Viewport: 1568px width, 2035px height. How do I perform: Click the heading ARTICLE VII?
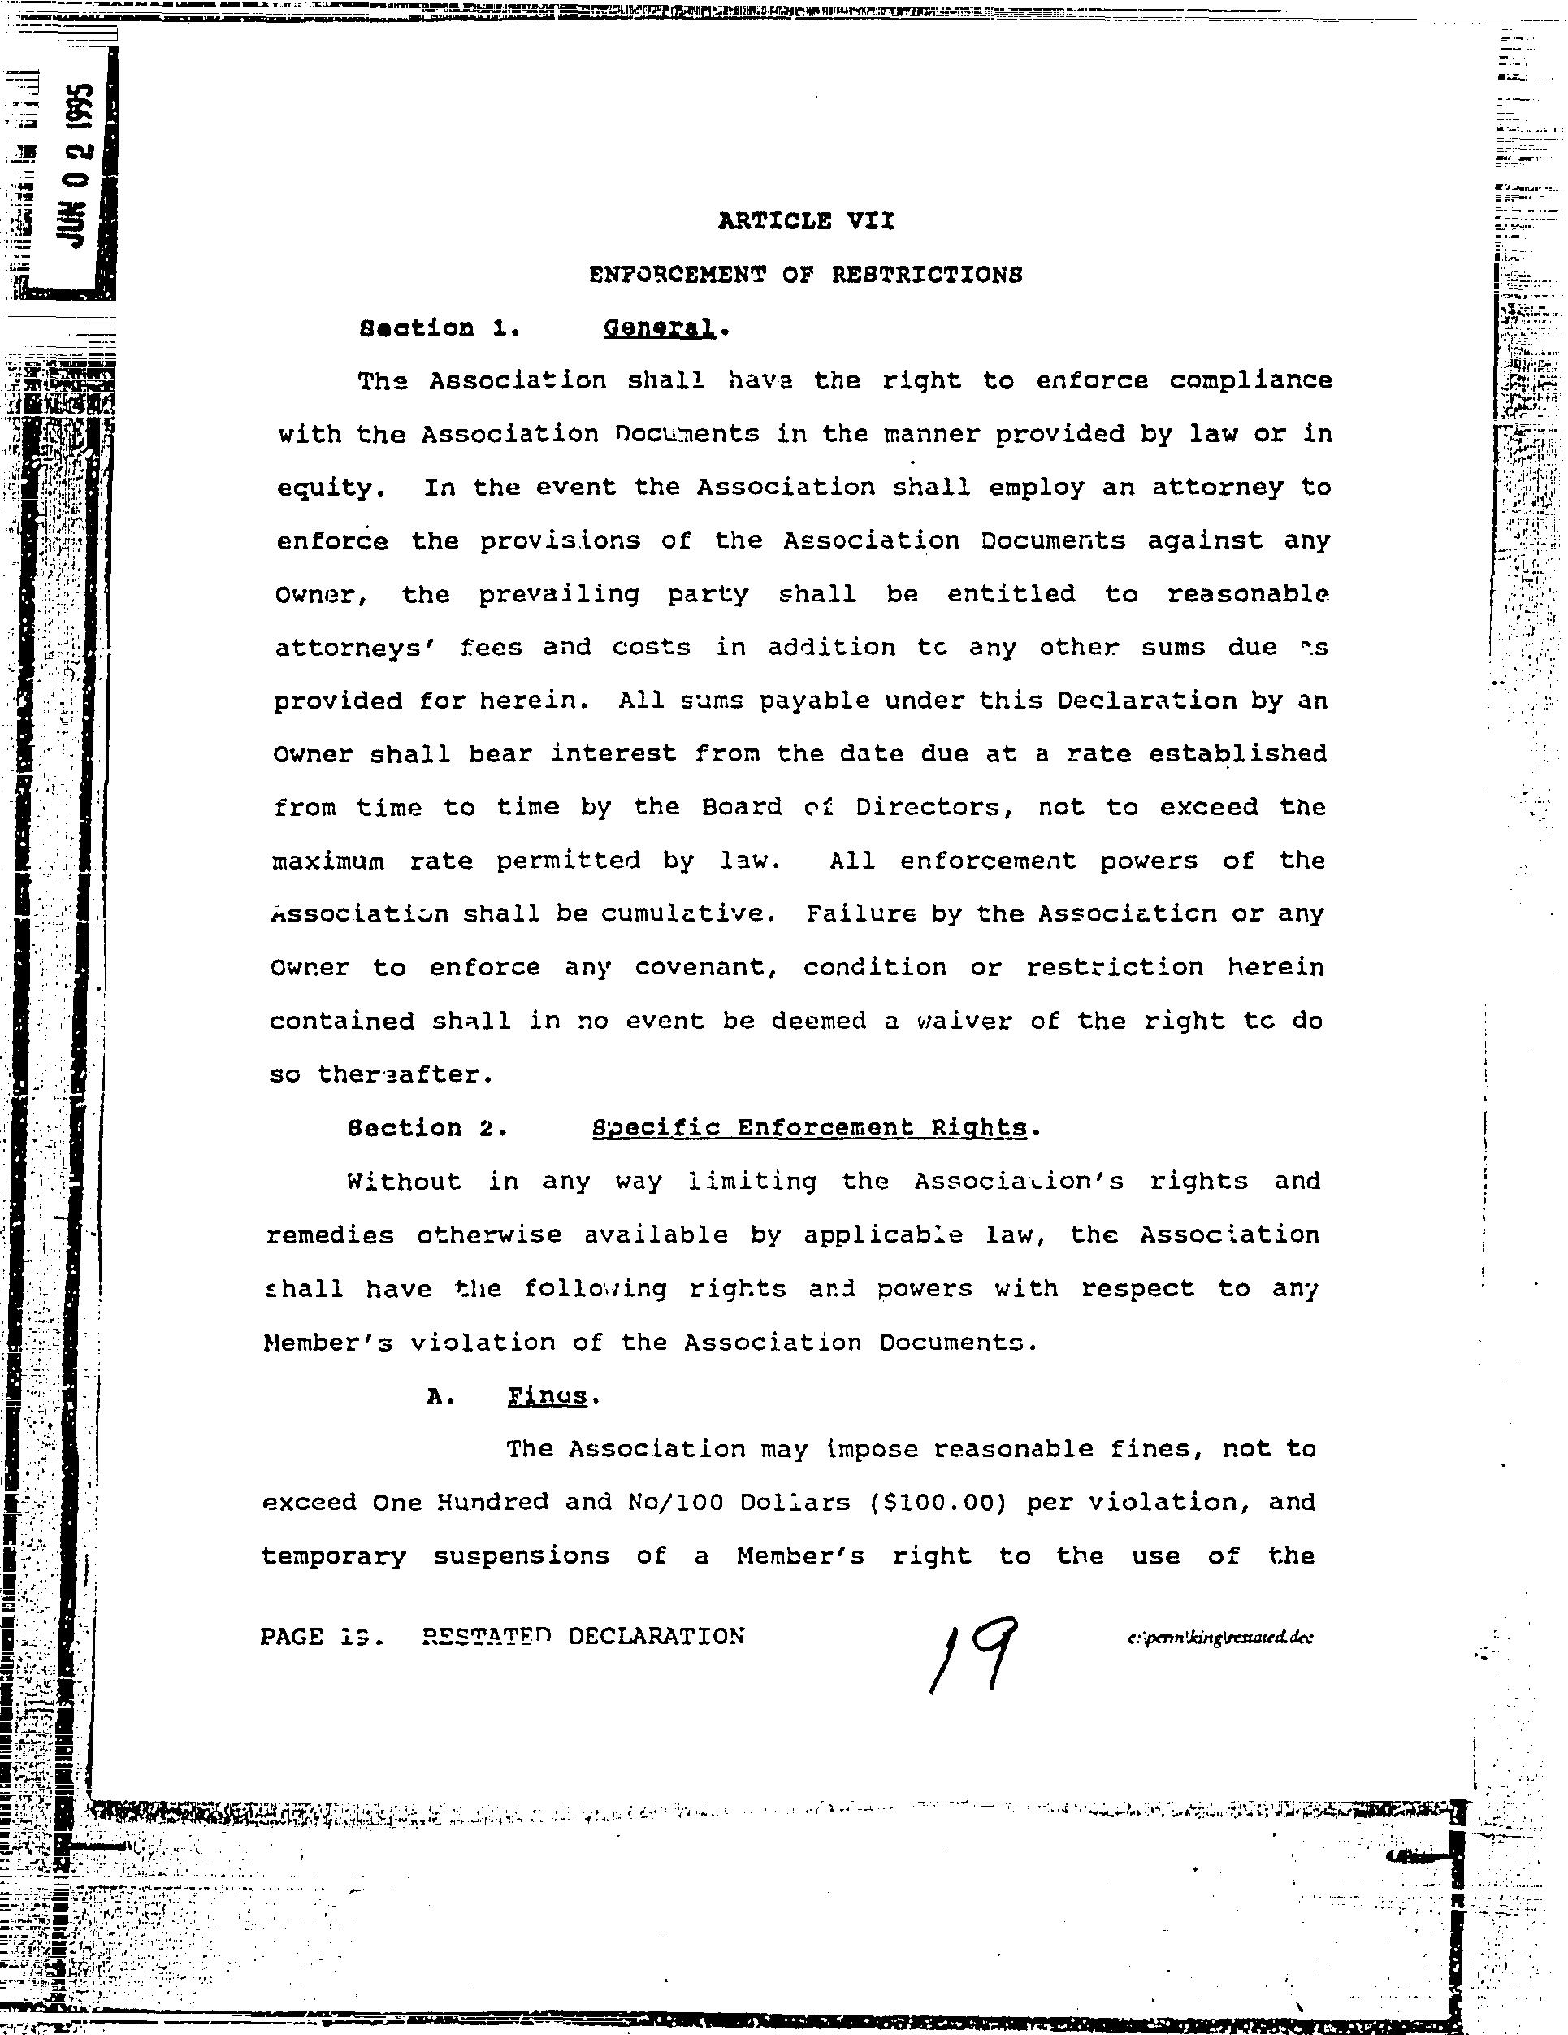tap(806, 221)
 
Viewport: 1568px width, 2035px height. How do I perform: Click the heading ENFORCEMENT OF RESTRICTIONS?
tap(806, 275)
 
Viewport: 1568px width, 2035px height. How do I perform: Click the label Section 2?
tap(427, 1128)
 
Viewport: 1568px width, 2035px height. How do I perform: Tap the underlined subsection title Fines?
tap(548, 1395)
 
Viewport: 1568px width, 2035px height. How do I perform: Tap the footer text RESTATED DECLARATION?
tap(583, 1637)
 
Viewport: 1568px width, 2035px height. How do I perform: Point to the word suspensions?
tap(521, 1556)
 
